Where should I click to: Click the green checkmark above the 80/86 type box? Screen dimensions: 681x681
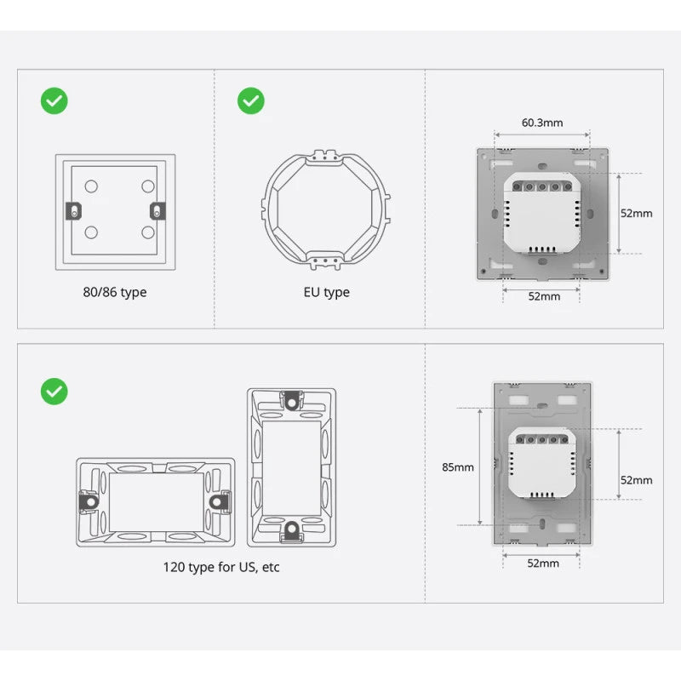[x=54, y=101]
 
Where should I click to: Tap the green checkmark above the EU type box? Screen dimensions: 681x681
[x=250, y=101]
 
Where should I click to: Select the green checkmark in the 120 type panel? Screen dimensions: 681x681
[x=54, y=392]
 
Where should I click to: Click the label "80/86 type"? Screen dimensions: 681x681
[x=115, y=292]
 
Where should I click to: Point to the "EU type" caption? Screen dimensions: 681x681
[x=327, y=292]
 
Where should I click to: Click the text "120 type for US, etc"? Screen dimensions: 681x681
[x=221, y=567]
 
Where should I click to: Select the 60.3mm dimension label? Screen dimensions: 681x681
[x=542, y=123]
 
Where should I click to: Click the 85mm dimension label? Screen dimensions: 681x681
[x=458, y=466]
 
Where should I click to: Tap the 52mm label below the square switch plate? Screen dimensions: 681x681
[x=544, y=296]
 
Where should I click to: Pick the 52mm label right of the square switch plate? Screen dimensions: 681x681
[x=636, y=213]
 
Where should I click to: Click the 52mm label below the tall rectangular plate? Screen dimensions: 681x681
[x=543, y=563]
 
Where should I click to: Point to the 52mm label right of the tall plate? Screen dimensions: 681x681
[x=636, y=479]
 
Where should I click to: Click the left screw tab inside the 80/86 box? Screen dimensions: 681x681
[x=75, y=210]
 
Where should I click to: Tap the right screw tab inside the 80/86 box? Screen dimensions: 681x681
[x=156, y=210]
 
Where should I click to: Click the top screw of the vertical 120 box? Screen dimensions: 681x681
[x=291, y=399]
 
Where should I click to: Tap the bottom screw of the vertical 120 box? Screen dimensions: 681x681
[x=291, y=530]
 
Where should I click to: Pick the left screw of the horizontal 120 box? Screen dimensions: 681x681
[x=87, y=502]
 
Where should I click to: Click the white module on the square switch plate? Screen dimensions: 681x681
[x=541, y=213]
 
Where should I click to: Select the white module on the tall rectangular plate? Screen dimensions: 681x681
[x=541, y=464]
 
